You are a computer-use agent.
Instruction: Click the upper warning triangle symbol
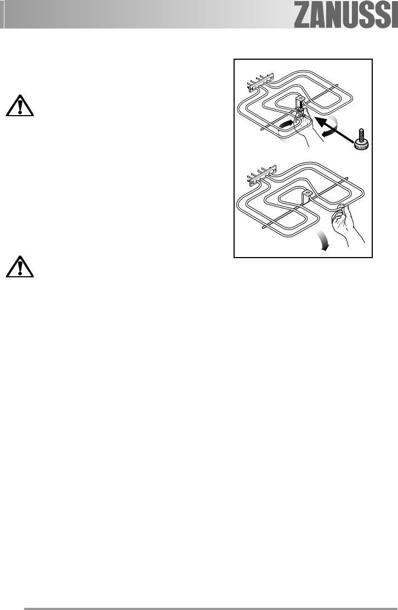coord(20,106)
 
